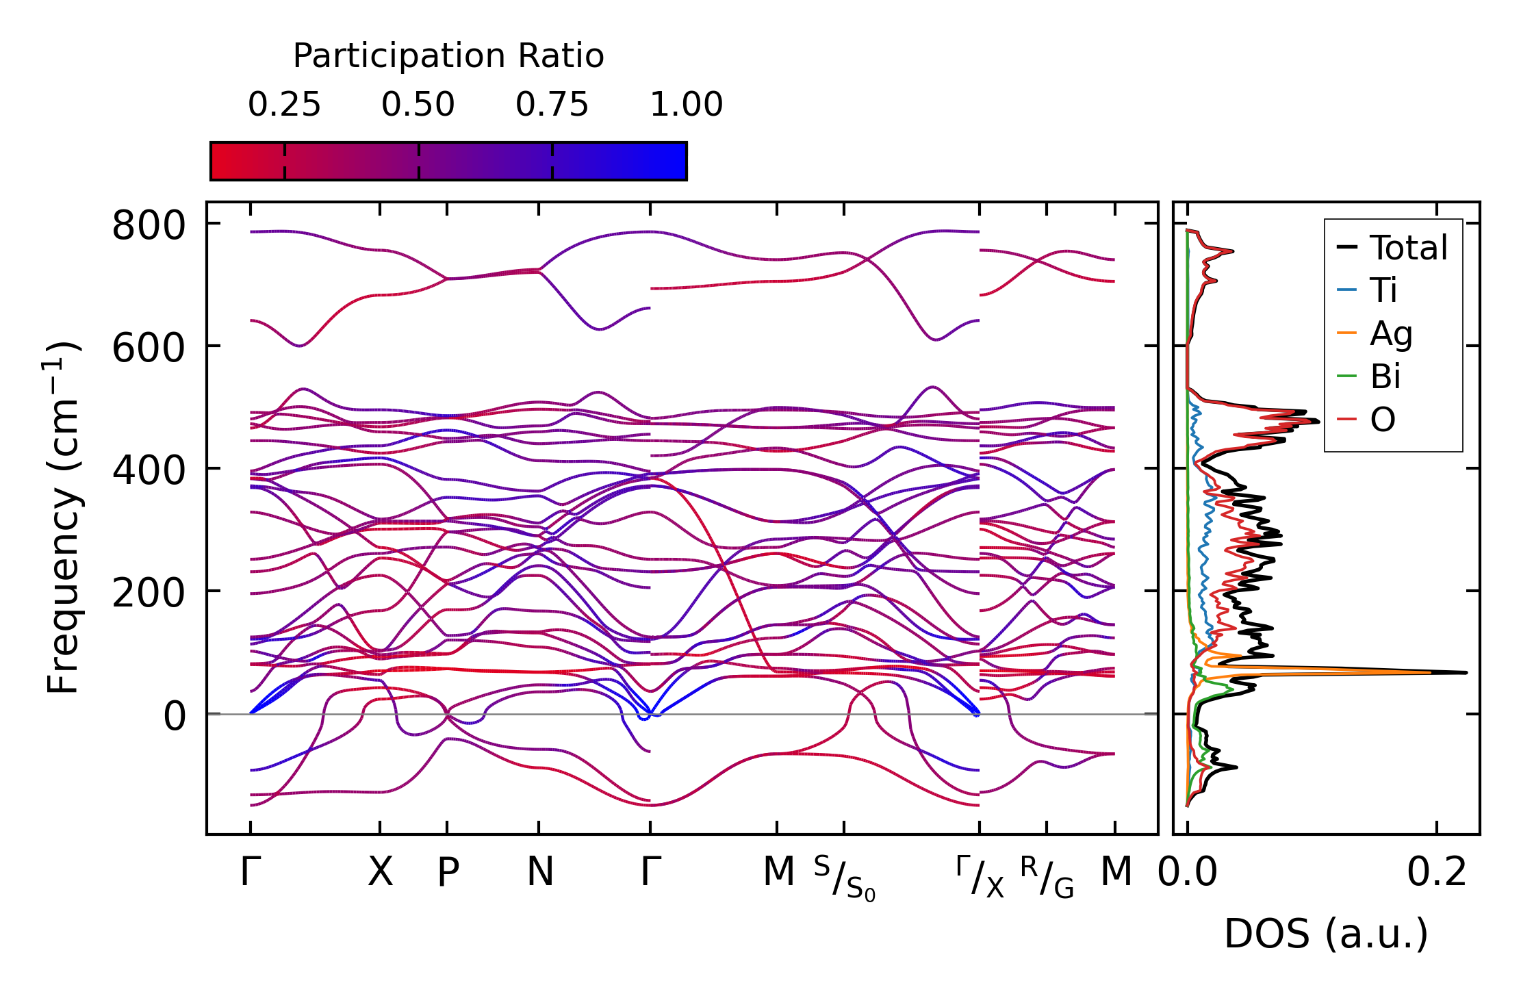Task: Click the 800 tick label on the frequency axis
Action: (x=148, y=226)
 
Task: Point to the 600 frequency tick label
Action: (x=148, y=348)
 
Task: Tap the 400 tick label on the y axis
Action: (x=148, y=471)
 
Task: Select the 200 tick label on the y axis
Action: (x=148, y=593)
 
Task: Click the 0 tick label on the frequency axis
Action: (x=174, y=717)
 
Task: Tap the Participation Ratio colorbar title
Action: (x=448, y=56)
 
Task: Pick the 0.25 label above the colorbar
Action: (x=284, y=105)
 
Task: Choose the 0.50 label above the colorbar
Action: (x=418, y=105)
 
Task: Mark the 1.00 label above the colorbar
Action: (x=686, y=105)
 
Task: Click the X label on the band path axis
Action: (x=380, y=873)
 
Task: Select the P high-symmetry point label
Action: (x=448, y=873)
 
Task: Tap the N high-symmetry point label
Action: (x=539, y=873)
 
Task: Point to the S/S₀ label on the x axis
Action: (x=845, y=878)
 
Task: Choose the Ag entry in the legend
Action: (x=1391, y=334)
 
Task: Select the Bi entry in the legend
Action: (x=1385, y=376)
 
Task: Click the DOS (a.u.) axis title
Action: (x=1326, y=934)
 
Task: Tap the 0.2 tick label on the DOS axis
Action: (x=1437, y=873)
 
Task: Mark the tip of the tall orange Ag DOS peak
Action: (x=1431, y=672)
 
